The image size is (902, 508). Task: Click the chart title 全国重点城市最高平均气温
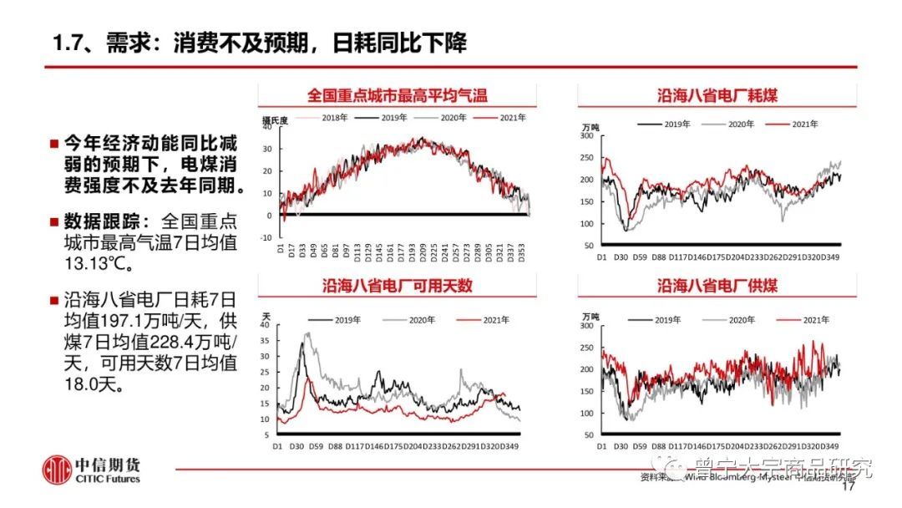tap(396, 95)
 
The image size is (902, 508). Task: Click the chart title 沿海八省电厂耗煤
tap(717, 95)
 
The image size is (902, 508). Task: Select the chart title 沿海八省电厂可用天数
tap(398, 286)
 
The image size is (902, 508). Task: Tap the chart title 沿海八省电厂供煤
tap(717, 286)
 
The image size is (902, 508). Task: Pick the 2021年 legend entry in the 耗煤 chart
tap(803, 124)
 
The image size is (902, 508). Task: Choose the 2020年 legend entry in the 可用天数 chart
tap(421, 320)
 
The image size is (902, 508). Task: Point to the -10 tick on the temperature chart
tap(266, 237)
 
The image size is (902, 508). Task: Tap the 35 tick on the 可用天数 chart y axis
tap(266, 340)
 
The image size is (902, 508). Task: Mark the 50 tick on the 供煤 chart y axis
tap(588, 435)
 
